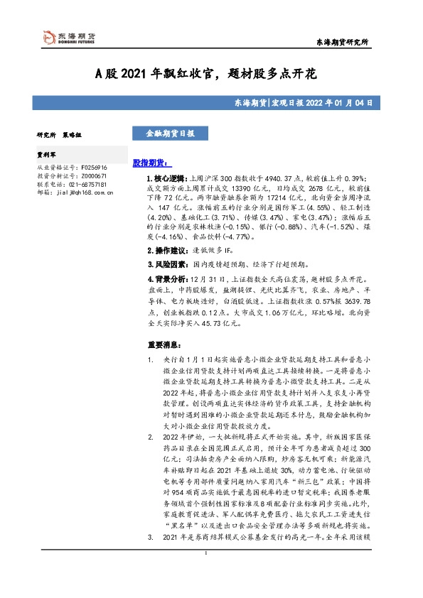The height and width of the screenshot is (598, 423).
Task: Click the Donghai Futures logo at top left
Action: [x=69, y=37]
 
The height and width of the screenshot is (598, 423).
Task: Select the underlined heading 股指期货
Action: [x=149, y=163]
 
